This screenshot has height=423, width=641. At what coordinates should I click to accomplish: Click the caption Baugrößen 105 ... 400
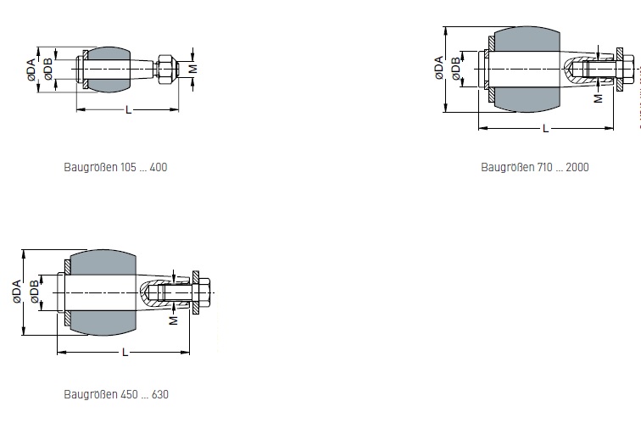(115, 167)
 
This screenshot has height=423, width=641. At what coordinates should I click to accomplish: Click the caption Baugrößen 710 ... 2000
(535, 167)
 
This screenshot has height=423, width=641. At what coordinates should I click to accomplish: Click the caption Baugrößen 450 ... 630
(116, 394)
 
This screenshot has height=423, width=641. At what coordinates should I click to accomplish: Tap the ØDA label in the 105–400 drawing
(31, 70)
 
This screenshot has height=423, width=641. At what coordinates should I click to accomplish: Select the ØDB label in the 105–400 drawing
(47, 69)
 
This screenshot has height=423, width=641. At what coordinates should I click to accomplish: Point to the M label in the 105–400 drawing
(193, 69)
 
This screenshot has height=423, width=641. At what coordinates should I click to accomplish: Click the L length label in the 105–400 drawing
(129, 110)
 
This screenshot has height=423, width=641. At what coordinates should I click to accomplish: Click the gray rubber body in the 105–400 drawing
(108, 70)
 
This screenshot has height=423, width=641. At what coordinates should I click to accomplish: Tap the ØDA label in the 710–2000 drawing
(438, 68)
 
